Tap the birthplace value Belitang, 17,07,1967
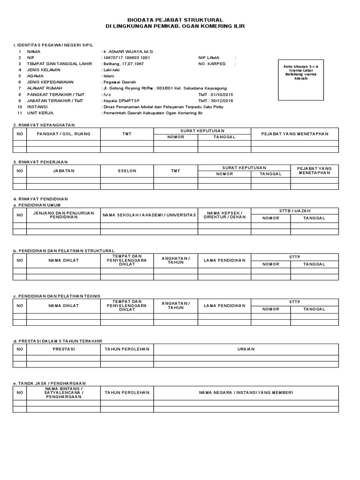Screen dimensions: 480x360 pyautogui.click(x=124, y=63)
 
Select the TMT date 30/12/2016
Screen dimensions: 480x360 pyautogui.click(x=216, y=100)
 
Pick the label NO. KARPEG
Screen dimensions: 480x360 pyautogui.click(x=212, y=63)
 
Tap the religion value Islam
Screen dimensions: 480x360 pyautogui.click(x=108, y=75)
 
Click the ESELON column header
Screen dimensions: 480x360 pyautogui.click(x=127, y=171)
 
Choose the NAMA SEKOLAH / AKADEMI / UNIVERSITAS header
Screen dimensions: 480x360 pyautogui.click(x=149, y=215)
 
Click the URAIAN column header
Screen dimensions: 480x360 pyautogui.click(x=246, y=350)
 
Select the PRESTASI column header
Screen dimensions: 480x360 pyautogui.click(x=63, y=350)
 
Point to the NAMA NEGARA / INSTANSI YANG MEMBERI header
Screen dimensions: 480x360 pyautogui.click(x=246, y=392)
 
